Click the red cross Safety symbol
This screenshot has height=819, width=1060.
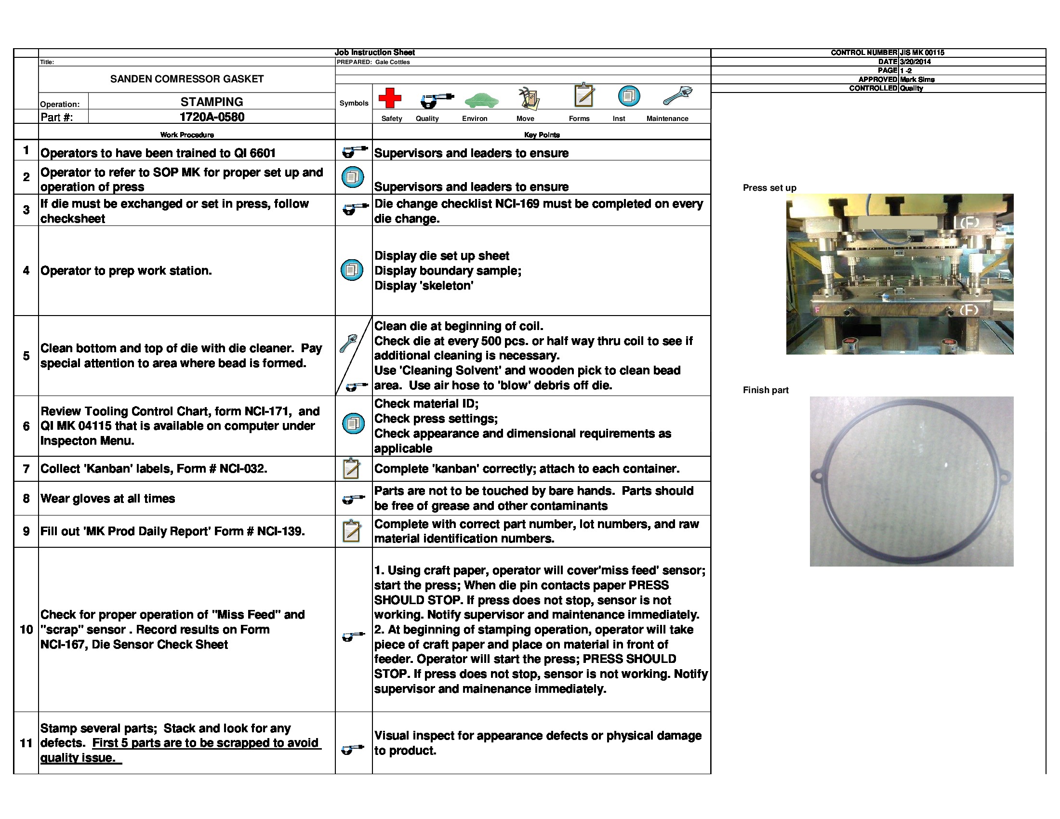pyautogui.click(x=390, y=97)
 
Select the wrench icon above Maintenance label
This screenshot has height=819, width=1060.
pyautogui.click(x=677, y=96)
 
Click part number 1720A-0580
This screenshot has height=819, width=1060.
pyautogui.click(x=212, y=117)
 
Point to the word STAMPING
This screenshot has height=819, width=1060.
pyautogui.click(x=212, y=102)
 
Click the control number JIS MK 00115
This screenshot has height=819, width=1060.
pyautogui.click(x=922, y=53)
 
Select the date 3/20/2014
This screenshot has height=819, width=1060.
pyautogui.click(x=915, y=62)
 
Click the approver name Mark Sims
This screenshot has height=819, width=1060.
pyautogui.click(x=917, y=79)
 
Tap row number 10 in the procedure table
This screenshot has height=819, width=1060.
pyautogui.click(x=26, y=629)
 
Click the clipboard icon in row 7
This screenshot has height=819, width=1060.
pyautogui.click(x=351, y=469)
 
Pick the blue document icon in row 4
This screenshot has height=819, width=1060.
pyautogui.click(x=352, y=270)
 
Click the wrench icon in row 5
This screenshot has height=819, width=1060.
pyautogui.click(x=348, y=343)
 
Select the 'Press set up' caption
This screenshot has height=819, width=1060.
pyautogui.click(x=769, y=188)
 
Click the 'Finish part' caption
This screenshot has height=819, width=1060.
pyautogui.click(x=766, y=390)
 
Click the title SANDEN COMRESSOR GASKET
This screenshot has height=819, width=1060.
pyautogui.click(x=187, y=79)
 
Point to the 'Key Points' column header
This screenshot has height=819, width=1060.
pyautogui.click(x=542, y=135)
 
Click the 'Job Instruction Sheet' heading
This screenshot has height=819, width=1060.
pyautogui.click(x=375, y=53)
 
